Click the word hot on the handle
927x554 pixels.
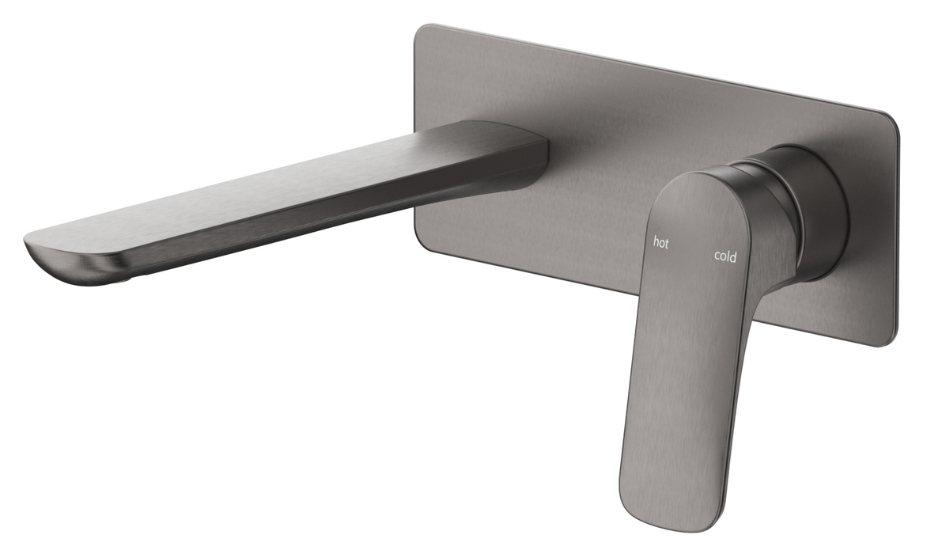coord(660,243)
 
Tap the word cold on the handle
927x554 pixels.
coord(725,256)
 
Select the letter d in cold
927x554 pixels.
coord(734,256)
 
